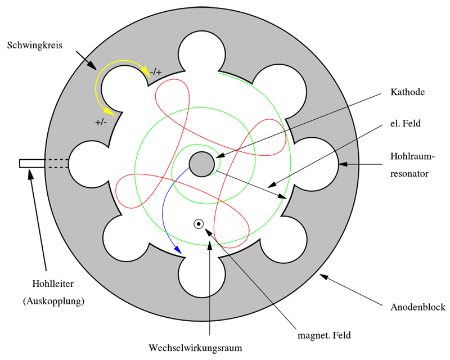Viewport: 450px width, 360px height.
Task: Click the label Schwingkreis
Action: (x=34, y=44)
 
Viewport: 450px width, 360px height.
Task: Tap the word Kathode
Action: (x=407, y=92)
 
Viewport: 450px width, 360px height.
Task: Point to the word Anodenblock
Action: (x=418, y=307)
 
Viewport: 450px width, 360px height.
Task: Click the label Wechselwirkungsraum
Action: (x=195, y=348)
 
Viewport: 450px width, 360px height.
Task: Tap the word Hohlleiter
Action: (x=53, y=284)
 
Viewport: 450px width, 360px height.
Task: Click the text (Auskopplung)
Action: (x=53, y=301)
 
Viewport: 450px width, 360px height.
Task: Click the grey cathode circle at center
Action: (x=202, y=164)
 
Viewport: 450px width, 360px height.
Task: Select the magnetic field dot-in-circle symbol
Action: (x=199, y=224)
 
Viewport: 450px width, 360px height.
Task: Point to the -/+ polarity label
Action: (x=156, y=72)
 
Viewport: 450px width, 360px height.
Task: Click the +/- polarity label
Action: (x=102, y=121)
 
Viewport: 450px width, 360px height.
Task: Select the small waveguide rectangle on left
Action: (x=31, y=163)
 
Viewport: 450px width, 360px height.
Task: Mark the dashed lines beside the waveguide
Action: (x=56, y=163)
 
